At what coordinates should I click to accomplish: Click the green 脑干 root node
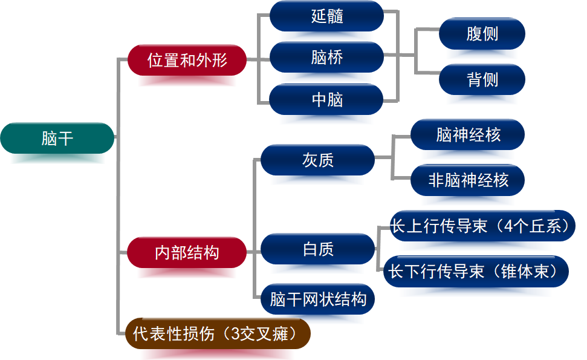point(57,139)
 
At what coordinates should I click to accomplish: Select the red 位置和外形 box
point(187,60)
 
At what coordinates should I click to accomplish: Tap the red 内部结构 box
point(187,252)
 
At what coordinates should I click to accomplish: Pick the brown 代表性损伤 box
point(218,333)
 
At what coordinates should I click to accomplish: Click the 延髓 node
point(327,16)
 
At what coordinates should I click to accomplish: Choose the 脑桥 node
point(327,57)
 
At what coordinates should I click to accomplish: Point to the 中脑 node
point(327,99)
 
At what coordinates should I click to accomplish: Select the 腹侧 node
point(482,34)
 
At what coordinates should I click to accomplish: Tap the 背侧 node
point(482,79)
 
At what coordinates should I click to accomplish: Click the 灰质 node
point(317,160)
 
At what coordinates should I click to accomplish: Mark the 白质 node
point(317,249)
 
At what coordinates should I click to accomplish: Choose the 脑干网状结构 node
point(317,299)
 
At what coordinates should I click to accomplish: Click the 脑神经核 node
point(468,134)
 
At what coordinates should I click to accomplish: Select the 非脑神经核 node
point(468,180)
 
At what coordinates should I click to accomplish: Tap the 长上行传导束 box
point(480,226)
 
